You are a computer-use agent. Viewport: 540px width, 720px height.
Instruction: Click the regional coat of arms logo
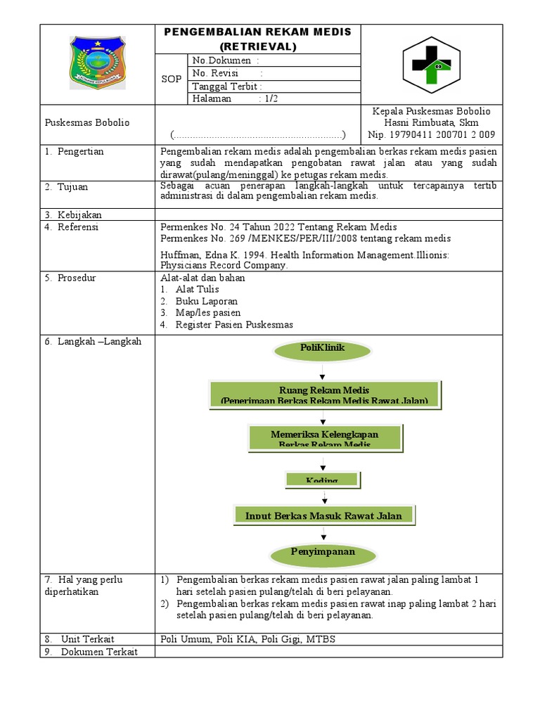click(98, 64)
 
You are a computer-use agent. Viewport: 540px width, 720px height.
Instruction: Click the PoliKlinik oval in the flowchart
click(323, 349)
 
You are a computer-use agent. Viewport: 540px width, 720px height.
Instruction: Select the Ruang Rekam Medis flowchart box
click(324, 394)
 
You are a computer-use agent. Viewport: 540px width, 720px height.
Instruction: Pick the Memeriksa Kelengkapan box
click(324, 437)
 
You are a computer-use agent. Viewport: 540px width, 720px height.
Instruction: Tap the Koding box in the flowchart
click(323, 480)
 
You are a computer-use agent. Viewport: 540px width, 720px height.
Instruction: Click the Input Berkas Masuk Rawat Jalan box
click(323, 515)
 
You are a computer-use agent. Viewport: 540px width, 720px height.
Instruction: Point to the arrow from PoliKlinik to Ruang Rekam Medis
click(323, 372)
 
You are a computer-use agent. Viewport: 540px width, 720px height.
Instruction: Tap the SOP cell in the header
click(171, 79)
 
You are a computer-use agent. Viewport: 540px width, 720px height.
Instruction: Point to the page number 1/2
click(271, 99)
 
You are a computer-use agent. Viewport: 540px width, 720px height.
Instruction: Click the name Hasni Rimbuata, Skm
click(432, 122)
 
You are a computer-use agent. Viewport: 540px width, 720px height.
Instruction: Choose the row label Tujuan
click(72, 187)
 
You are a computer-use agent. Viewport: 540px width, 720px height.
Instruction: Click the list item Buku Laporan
click(207, 301)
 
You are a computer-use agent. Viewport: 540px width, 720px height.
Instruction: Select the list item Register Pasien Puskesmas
click(234, 324)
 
